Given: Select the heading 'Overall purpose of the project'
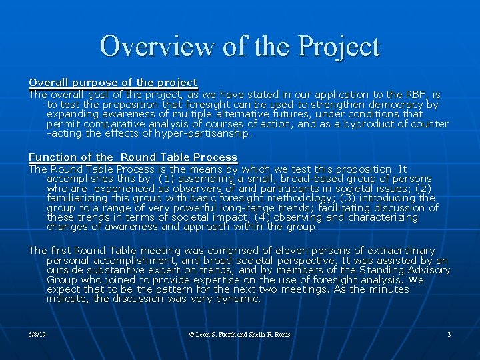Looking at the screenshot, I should pos(113,83).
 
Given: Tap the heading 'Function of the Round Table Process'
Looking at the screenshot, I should pos(133,157).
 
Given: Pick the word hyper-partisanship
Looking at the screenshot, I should pos(202,133).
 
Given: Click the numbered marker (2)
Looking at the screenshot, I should pos(423,189).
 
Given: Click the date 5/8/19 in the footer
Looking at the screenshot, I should pos(38,334).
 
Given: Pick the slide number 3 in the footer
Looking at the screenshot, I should pos(449,334).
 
